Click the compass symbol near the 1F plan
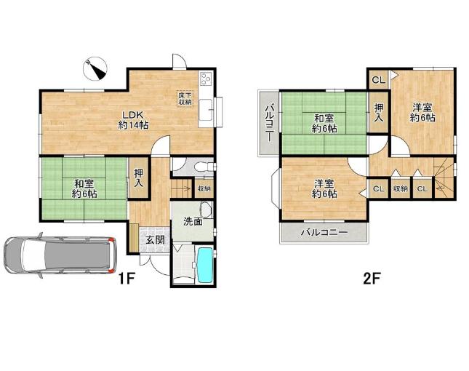click(95, 69)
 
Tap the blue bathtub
click(205, 265)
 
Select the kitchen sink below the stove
click(206, 110)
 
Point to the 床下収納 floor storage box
click(185, 97)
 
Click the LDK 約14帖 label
click(133, 120)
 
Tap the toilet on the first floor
click(203, 167)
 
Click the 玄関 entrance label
click(155, 239)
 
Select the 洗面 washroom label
click(193, 222)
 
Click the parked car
click(60, 255)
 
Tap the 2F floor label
click(371, 279)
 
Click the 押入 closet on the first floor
click(138, 178)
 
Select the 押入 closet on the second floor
click(378, 112)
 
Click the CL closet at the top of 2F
click(378, 79)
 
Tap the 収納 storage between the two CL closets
click(400, 188)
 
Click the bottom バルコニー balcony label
click(324, 232)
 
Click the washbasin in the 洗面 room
click(207, 210)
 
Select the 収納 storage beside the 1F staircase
click(204, 188)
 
